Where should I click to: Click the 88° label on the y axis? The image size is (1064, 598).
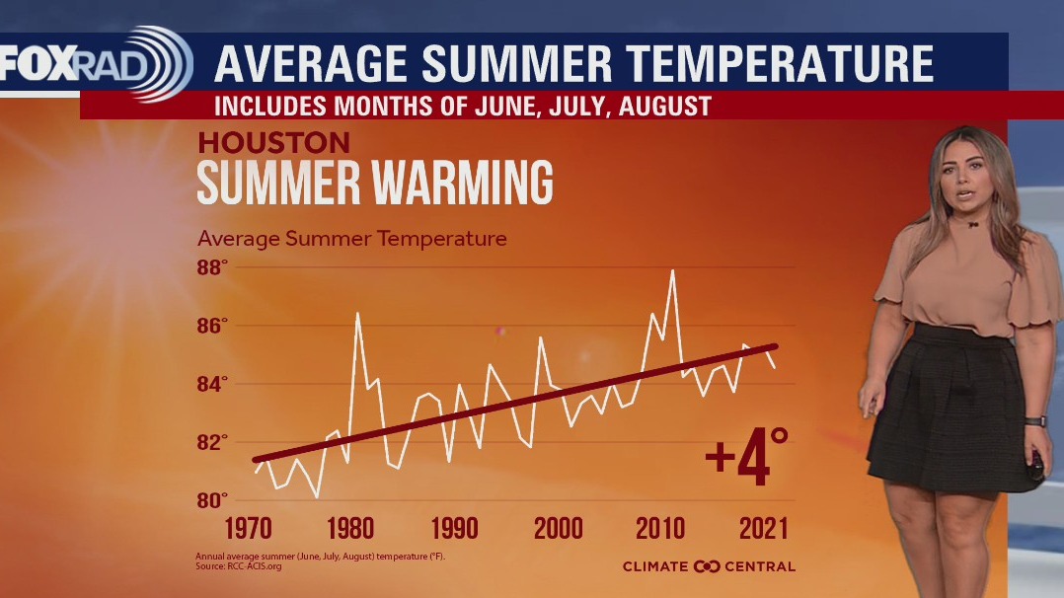click(211, 267)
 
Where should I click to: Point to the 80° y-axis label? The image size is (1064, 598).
click(211, 499)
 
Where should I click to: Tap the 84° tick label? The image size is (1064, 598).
click(211, 383)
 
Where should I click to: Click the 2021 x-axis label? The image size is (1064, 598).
click(764, 528)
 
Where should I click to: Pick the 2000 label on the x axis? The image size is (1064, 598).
click(559, 528)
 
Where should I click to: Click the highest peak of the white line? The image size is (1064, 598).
click(672, 270)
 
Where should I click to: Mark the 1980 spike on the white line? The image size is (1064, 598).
click(356, 313)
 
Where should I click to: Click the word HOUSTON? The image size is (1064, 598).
click(273, 141)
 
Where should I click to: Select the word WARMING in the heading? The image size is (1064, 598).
click(453, 184)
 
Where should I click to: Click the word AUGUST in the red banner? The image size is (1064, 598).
click(664, 106)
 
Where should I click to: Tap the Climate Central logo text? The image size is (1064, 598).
click(708, 565)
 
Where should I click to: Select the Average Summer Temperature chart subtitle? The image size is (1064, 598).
click(351, 239)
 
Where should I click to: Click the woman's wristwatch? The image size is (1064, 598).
click(1033, 420)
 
